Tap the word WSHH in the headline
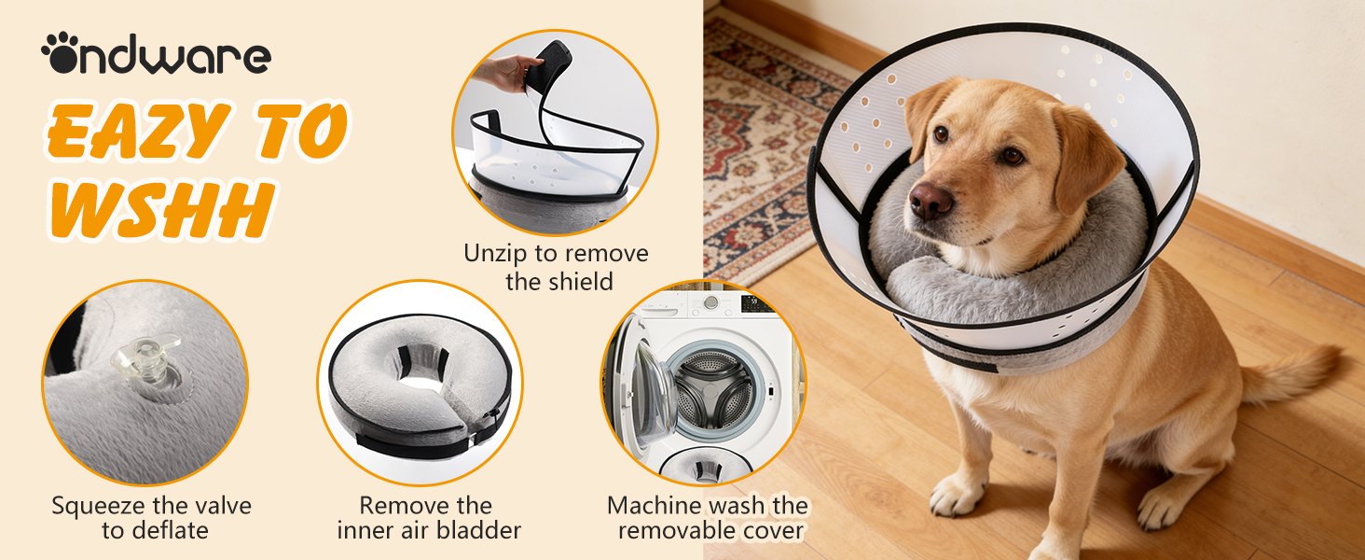[x=161, y=209]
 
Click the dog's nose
[x=930, y=201]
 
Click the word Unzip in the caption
[x=495, y=253]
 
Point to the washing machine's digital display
[x=755, y=302]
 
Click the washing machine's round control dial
[x=711, y=302]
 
